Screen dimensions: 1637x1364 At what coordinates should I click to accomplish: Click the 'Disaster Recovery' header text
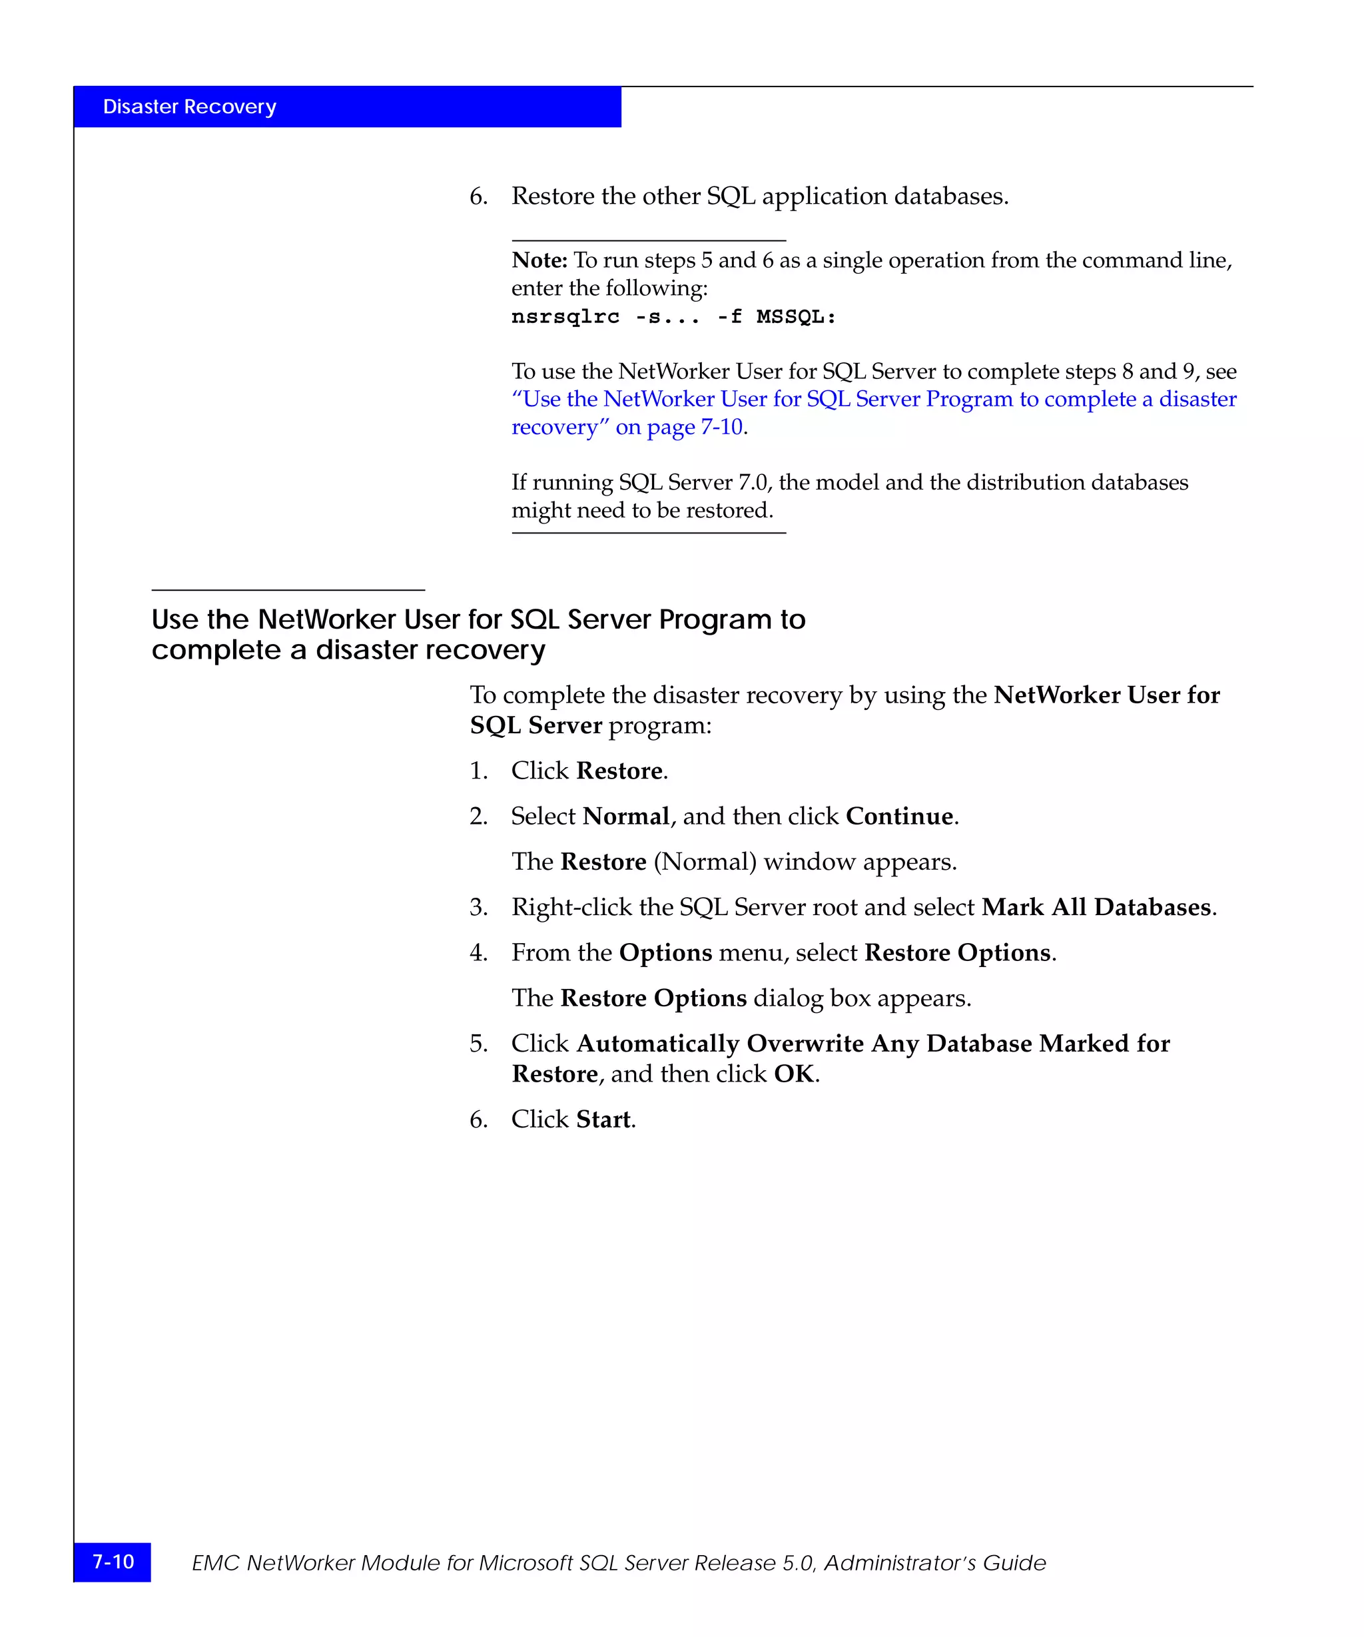189,107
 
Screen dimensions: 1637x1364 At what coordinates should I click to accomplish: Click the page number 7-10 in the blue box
113,1561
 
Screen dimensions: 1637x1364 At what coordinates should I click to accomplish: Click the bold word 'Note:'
539,260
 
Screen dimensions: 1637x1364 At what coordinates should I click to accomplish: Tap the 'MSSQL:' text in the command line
796,316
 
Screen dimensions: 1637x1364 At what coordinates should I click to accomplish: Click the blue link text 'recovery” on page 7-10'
627,427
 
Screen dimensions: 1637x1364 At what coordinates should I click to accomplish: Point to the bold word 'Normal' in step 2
626,816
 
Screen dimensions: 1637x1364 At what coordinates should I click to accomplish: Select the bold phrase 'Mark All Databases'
1096,907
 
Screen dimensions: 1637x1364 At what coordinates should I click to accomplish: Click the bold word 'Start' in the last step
603,1120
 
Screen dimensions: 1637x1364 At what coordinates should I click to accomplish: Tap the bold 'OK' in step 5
793,1074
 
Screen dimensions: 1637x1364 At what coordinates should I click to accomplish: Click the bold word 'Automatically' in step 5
658,1044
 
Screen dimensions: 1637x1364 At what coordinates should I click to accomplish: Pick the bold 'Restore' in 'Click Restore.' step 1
619,771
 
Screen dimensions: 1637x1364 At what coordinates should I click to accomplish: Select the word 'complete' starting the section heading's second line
216,650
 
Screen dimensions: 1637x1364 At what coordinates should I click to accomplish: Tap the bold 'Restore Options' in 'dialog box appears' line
653,998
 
